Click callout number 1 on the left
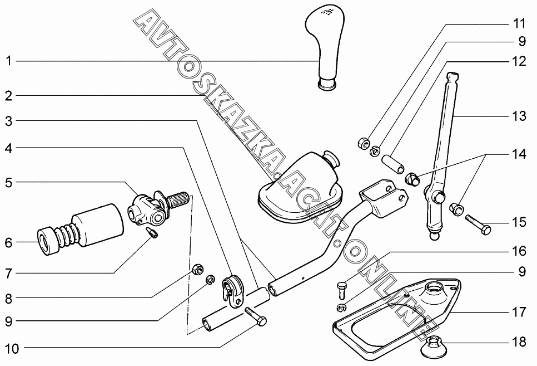point(8,61)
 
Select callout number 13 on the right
point(518,117)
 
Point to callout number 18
point(518,342)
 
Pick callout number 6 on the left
point(8,243)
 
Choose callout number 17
point(518,313)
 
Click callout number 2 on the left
point(8,96)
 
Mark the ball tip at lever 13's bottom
point(435,236)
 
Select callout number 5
point(8,182)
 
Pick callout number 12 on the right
point(518,62)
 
